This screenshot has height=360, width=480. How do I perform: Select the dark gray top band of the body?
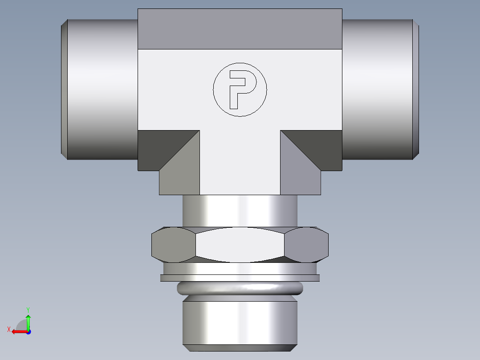[x=240, y=29]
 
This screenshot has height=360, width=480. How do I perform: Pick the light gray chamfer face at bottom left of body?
[x=178, y=176]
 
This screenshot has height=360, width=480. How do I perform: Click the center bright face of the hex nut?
[x=240, y=245]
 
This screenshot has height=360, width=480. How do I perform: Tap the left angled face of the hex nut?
[x=173, y=245]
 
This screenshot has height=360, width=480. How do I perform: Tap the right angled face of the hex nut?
[x=306, y=245]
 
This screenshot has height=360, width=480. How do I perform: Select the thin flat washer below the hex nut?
[x=240, y=278]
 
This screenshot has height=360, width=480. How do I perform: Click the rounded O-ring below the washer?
[x=240, y=288]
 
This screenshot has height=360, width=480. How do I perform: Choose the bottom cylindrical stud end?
[x=240, y=323]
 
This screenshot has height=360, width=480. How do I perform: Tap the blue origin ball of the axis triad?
[x=28, y=331]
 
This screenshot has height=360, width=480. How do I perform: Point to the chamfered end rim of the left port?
[x=64, y=89]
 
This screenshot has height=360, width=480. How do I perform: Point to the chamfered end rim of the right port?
[x=416, y=89]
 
